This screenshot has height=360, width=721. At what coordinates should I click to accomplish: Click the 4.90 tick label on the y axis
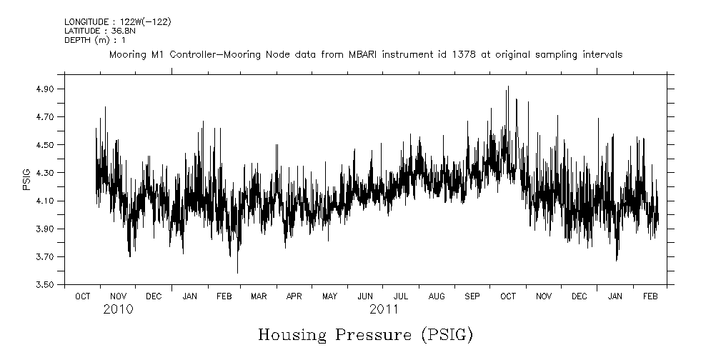45,89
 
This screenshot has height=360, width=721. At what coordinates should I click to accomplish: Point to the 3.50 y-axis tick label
45,285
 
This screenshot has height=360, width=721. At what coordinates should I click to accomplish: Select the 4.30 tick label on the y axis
45,173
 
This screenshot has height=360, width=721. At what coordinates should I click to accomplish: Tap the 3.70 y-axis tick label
45,257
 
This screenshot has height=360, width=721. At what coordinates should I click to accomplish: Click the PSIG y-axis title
26,179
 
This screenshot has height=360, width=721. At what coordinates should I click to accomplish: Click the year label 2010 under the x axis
118,310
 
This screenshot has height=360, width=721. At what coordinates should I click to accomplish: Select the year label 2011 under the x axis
384,310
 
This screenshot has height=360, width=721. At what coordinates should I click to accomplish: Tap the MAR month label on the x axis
259,296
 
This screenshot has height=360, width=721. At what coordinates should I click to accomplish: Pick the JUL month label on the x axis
401,296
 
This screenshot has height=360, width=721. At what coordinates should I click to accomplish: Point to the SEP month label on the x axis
472,296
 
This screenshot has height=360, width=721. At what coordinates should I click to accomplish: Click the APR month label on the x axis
294,296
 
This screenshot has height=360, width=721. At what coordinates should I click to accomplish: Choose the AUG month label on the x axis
437,296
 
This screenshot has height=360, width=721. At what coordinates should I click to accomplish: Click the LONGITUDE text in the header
85,22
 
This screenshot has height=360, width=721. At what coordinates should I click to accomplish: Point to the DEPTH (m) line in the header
95,40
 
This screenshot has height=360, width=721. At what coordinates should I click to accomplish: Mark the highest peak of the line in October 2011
507,86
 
